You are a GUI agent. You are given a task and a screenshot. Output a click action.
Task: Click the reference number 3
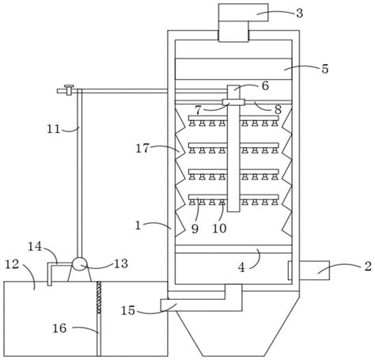(299, 13)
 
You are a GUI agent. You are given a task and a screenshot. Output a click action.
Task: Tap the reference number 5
(325, 69)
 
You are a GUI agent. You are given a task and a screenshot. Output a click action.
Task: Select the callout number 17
(142, 149)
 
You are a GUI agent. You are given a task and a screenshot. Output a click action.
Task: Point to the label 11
(54, 130)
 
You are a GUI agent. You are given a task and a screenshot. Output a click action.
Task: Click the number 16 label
(59, 328)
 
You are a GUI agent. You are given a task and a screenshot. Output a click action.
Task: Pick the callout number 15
(128, 311)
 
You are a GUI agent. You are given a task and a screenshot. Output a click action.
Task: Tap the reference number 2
(368, 266)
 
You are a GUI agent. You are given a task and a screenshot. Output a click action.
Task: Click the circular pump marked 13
(80, 264)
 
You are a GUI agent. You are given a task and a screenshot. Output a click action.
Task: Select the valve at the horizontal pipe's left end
(69, 89)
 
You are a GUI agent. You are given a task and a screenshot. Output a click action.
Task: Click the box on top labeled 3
(244, 13)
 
